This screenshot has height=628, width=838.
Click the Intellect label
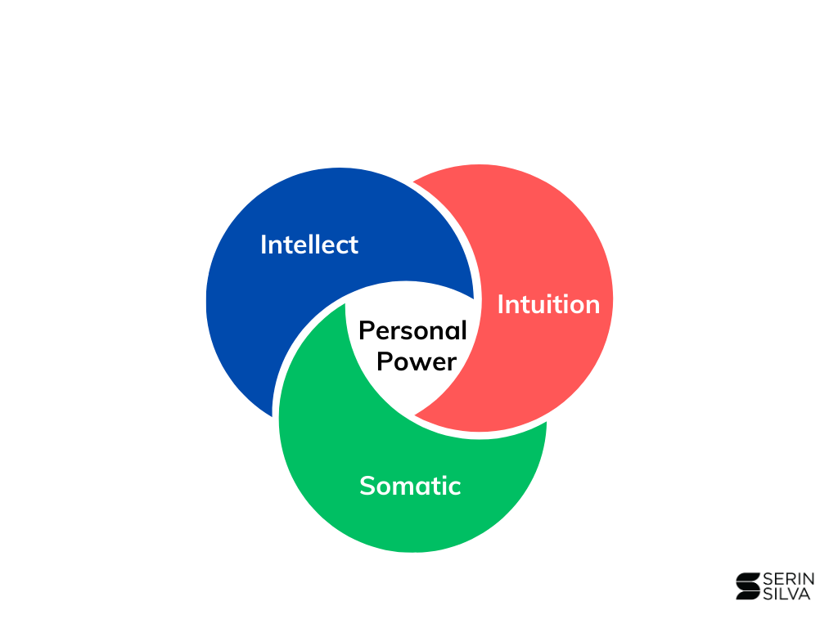point(309,244)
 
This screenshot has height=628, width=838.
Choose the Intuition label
point(548,304)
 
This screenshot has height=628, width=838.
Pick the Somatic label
point(410,486)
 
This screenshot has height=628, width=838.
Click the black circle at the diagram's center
point(409,348)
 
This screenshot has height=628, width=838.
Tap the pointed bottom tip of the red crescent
point(416,416)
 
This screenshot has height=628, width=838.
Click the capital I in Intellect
point(264,244)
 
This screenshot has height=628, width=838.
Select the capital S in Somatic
point(367,486)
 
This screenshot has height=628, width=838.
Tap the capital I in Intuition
point(501,304)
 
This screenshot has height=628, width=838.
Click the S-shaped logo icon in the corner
point(746,586)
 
